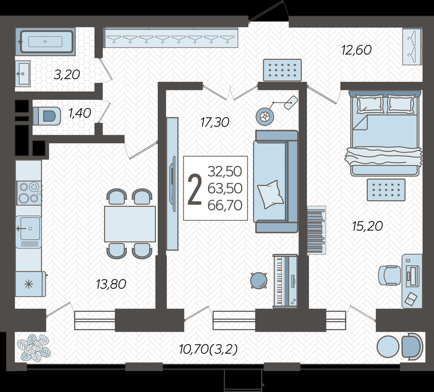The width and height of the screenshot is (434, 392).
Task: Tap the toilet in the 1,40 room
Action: pos(47,116)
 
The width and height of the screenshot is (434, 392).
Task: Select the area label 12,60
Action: pos(356,51)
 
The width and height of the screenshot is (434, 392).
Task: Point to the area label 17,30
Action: pos(215,122)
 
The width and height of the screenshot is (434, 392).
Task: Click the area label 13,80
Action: pos(111,284)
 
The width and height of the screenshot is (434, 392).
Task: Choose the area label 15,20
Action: pos(367,226)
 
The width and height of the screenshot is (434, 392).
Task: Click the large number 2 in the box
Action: pos(195,190)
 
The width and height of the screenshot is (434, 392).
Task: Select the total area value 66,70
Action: pos(225,205)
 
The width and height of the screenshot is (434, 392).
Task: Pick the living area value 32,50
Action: pos(225,171)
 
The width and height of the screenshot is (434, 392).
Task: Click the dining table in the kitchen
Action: pos(130,224)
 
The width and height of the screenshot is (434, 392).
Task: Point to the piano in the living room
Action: pos(285,281)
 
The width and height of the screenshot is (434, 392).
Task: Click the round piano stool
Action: pos(259,280)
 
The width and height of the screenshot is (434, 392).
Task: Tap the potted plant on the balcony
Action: pos(34,348)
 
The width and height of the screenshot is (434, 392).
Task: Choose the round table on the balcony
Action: pos(388,347)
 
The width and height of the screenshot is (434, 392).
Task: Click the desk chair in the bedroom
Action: pos(390,275)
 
